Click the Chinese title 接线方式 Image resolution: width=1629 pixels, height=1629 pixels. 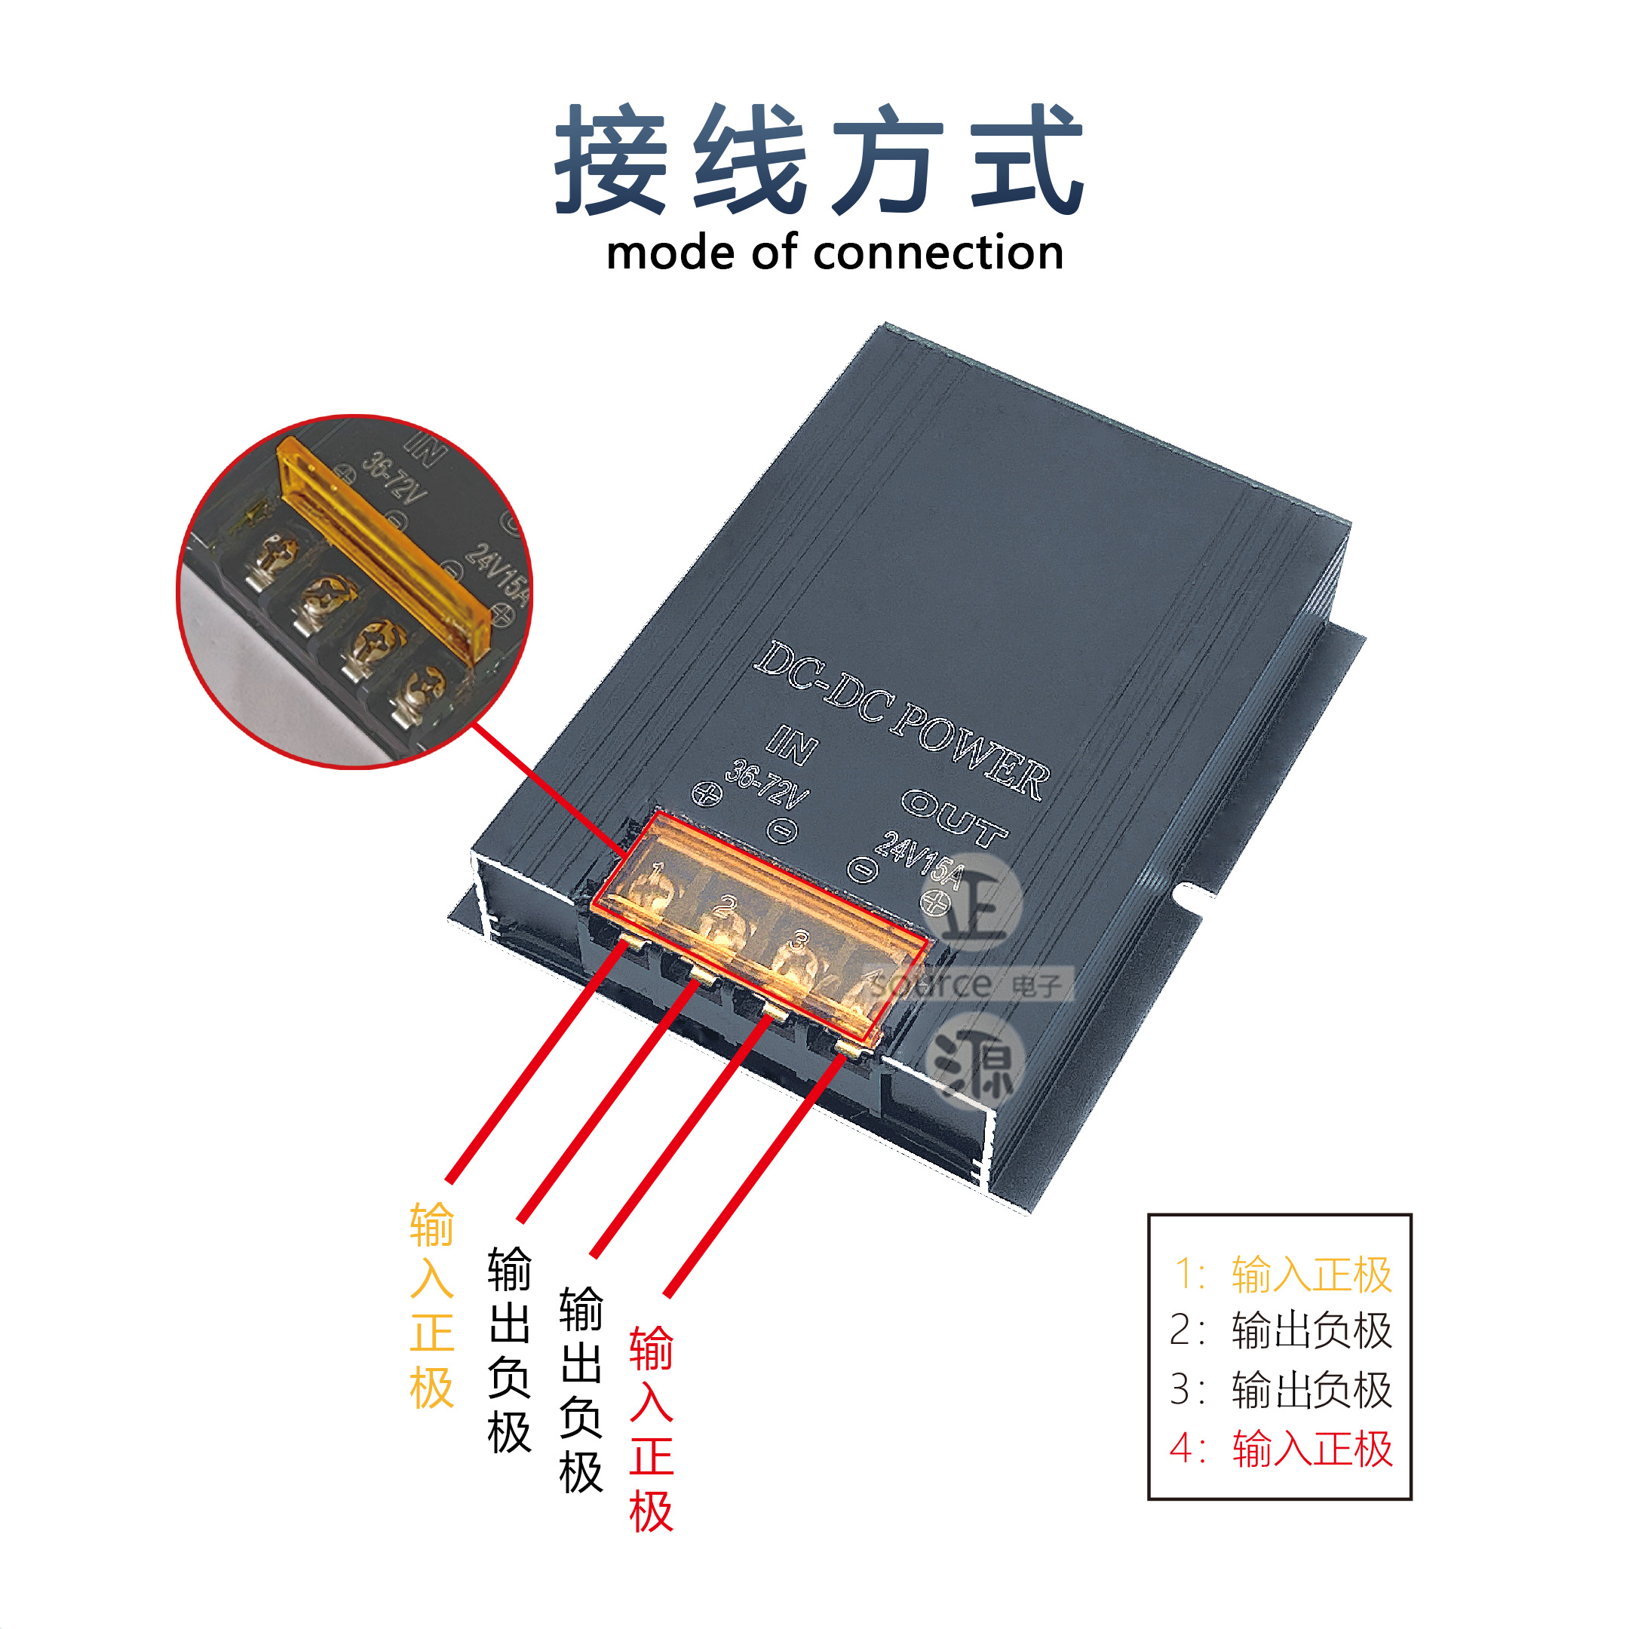(x=818, y=160)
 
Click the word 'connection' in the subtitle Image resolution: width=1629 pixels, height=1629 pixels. (x=937, y=253)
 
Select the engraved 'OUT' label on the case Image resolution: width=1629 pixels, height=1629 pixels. (x=955, y=817)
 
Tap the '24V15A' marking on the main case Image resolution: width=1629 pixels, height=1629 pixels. (x=919, y=859)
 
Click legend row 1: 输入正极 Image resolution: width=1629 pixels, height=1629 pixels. (x=1281, y=1274)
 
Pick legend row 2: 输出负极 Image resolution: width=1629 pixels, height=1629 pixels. (x=1281, y=1331)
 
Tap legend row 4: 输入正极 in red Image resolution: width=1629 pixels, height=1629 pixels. (x=1281, y=1450)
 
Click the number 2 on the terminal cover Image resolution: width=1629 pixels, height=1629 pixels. (x=724, y=907)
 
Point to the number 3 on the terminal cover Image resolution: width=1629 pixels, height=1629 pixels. (x=800, y=939)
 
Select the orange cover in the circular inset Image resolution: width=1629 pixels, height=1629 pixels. (x=384, y=548)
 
